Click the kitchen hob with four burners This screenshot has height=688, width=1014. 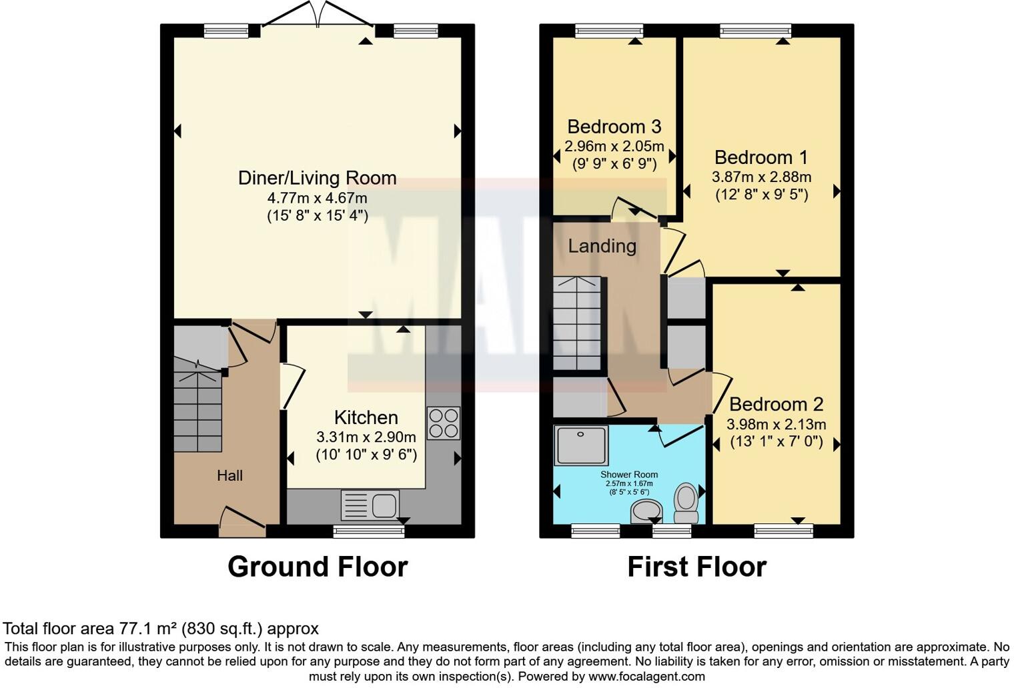tap(443, 423)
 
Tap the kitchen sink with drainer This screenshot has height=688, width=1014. tap(370, 505)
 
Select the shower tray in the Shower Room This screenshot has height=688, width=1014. tap(581, 445)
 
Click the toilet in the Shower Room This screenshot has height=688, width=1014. tap(686, 503)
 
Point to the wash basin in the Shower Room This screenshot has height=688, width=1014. tap(645, 512)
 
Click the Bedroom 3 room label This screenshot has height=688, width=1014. tap(614, 127)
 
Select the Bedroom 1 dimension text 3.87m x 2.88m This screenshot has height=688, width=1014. tap(761, 177)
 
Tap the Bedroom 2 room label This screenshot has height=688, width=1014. tap(776, 404)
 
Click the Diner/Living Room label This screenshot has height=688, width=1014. tap(317, 178)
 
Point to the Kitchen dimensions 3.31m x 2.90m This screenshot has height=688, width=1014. tap(366, 437)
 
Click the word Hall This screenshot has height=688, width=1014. tap(229, 475)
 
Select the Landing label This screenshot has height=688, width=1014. tap(602, 246)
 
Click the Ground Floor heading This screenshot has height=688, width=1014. tap(318, 567)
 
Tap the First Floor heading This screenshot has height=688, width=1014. tap(696, 567)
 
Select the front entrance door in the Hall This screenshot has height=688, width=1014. tap(242, 523)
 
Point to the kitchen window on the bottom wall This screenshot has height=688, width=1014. tap(369, 531)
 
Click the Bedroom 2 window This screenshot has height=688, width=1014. tap(783, 531)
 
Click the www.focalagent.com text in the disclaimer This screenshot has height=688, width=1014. tap(646, 676)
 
